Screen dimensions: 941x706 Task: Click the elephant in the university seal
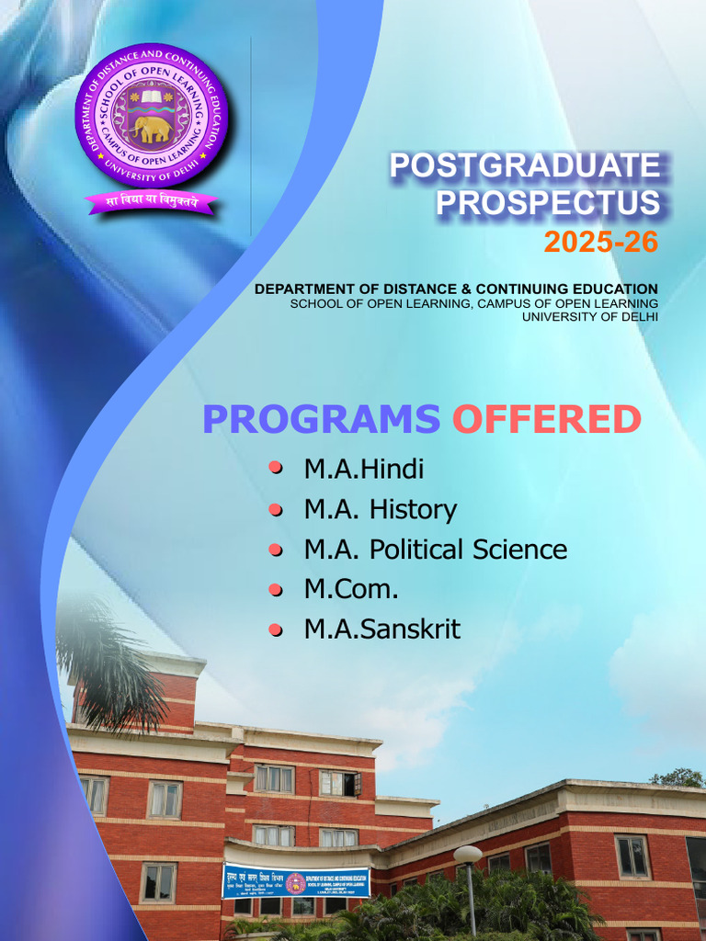coord(151,128)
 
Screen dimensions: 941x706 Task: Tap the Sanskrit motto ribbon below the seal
coord(151,201)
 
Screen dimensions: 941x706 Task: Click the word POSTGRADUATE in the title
coord(525,166)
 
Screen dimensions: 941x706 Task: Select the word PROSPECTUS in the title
coord(548,203)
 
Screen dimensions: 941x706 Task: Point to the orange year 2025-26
coord(601,242)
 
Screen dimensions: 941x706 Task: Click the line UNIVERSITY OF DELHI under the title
coord(590,317)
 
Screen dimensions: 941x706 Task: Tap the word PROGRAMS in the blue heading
coord(321,419)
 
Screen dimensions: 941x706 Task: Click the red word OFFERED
coord(546,419)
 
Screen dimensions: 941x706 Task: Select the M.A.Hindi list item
coord(364,470)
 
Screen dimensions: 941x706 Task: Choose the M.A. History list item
coord(380,509)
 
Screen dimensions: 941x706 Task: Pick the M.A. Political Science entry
coord(435,550)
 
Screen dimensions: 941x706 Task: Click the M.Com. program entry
coord(351,589)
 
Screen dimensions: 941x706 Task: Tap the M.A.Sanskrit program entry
coord(381,629)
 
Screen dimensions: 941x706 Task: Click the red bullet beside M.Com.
coord(275,589)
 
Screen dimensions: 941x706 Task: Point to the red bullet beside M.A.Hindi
coord(275,469)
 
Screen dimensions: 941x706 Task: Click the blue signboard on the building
coord(295,881)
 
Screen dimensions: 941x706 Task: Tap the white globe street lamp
coord(468,855)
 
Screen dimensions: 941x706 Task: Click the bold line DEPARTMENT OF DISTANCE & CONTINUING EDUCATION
coord(456,289)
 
